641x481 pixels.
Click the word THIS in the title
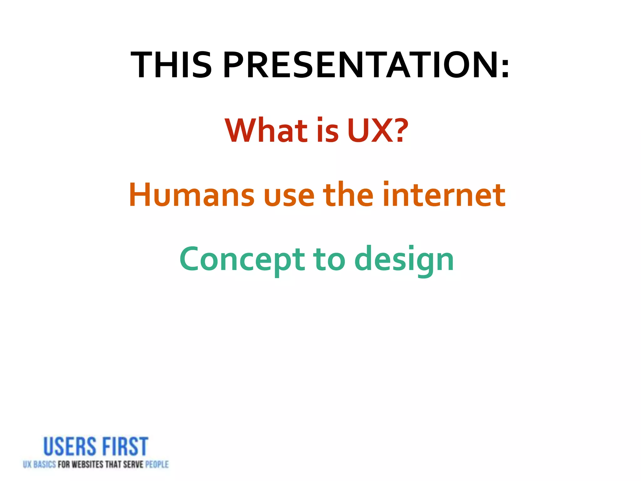(x=172, y=65)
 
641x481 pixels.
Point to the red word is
(x=328, y=131)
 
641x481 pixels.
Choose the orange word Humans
(x=192, y=195)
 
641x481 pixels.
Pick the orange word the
(x=348, y=195)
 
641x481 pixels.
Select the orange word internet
(x=444, y=195)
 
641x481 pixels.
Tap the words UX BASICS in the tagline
(x=39, y=464)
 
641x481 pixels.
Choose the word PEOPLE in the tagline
(x=157, y=464)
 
